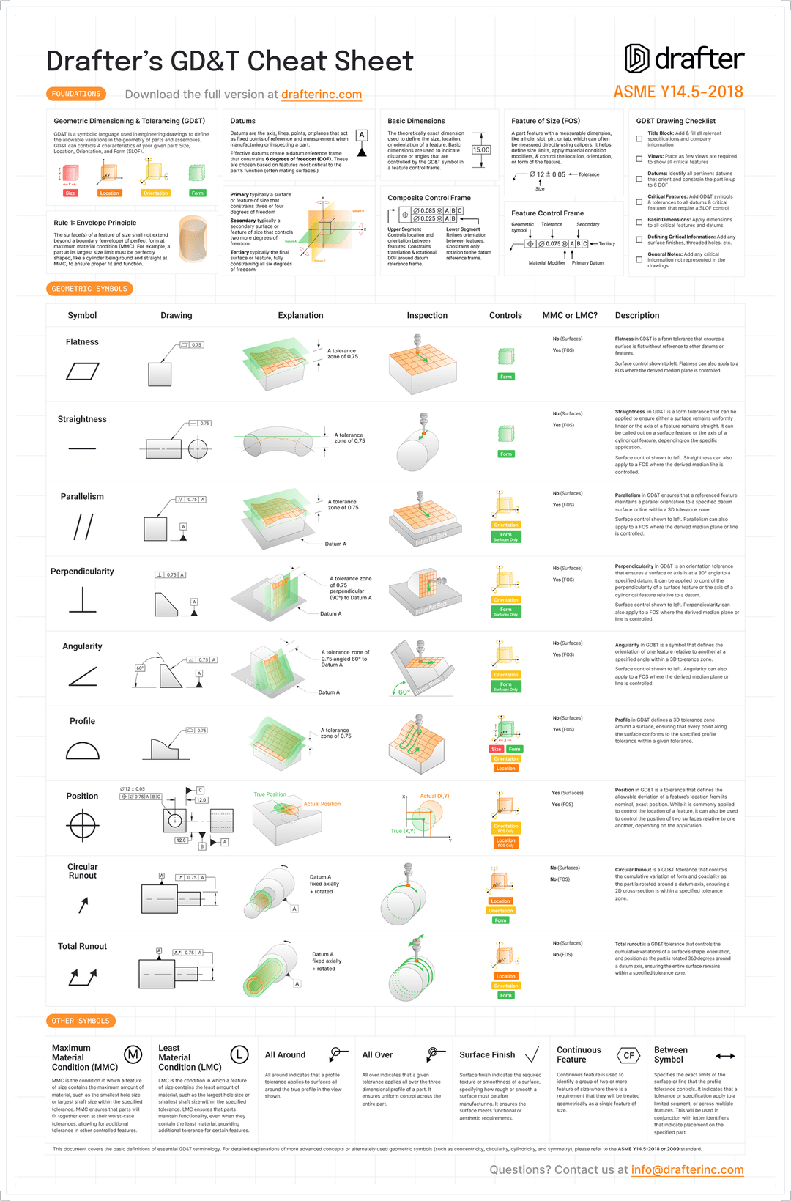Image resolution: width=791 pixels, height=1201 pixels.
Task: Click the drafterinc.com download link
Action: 322,95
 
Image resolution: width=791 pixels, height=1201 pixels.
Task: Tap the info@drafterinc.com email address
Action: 687,1169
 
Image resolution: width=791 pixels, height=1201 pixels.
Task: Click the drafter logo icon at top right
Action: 637,59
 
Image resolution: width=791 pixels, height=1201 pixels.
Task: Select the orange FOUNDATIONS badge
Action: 76,94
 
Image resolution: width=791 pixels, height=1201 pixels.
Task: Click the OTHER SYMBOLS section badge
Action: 81,1021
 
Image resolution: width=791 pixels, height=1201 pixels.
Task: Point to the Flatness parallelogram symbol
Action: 82,372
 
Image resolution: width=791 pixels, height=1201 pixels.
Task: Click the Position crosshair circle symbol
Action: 82,826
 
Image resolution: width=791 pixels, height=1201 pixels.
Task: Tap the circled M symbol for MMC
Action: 133,1054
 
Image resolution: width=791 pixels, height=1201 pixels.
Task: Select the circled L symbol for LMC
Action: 239,1054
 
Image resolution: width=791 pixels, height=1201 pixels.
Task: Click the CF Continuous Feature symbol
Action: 628,1055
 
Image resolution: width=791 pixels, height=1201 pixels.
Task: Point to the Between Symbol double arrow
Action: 725,1056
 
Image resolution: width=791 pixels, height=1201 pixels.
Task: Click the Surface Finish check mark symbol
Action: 532,1054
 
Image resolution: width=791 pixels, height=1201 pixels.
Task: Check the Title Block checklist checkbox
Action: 639,138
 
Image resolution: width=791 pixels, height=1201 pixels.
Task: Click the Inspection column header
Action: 427,316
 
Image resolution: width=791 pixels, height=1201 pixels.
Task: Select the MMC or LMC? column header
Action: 570,316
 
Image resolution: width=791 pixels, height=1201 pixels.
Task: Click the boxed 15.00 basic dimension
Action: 481,149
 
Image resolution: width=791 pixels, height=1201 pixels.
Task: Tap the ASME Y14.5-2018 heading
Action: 678,92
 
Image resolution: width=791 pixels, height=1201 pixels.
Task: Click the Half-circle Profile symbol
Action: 82,750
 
